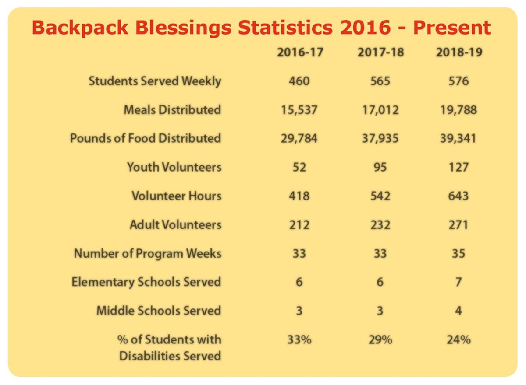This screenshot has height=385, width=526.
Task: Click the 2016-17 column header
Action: pyautogui.click(x=300, y=52)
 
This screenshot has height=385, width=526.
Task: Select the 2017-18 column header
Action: pyautogui.click(x=380, y=52)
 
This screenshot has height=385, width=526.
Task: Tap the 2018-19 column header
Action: pyautogui.click(x=459, y=52)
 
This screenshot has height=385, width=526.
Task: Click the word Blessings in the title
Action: pyautogui.click(x=183, y=28)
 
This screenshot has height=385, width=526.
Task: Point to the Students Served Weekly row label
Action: pyautogui.click(x=155, y=81)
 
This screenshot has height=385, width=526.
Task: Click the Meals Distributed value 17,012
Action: pyautogui.click(x=380, y=110)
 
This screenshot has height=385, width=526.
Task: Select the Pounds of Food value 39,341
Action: pyautogui.click(x=458, y=138)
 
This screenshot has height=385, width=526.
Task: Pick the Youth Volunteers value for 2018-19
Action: pyautogui.click(x=458, y=167)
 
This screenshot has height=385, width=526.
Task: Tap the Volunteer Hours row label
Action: pyautogui.click(x=177, y=196)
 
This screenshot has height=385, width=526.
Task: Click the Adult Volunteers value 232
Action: pyautogui.click(x=380, y=224)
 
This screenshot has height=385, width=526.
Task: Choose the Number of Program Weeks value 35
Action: pyautogui.click(x=458, y=253)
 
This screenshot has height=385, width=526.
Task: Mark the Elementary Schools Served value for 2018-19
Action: pyautogui.click(x=458, y=282)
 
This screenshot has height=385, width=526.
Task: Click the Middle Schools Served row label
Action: pyautogui.click(x=159, y=311)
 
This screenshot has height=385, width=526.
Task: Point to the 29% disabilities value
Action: pyautogui.click(x=380, y=339)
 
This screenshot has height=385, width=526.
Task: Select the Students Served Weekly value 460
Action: pyautogui.click(x=299, y=81)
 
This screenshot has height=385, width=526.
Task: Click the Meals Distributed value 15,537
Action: pyautogui.click(x=299, y=110)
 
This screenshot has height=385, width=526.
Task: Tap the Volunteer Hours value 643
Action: pyautogui.click(x=458, y=196)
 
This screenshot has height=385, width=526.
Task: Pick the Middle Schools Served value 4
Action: pyautogui.click(x=458, y=311)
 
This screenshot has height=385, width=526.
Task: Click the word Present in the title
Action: pyautogui.click(x=452, y=28)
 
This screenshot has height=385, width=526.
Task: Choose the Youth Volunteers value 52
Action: pyautogui.click(x=299, y=167)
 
